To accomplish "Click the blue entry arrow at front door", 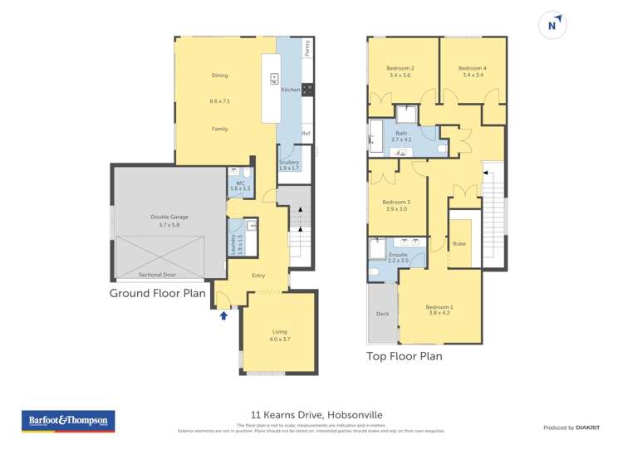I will [x=223, y=315].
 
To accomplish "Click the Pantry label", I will [x=307, y=47].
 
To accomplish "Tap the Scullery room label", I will [x=289, y=163].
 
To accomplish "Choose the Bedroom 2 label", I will [x=400, y=68].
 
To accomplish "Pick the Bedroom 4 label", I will [x=472, y=68].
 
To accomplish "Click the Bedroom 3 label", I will [x=395, y=202].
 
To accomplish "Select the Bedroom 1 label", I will [x=439, y=308].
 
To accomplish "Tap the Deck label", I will [x=382, y=314].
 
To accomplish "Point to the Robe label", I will [x=459, y=244].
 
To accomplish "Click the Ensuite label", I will [x=398, y=255].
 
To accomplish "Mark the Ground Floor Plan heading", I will [x=158, y=293].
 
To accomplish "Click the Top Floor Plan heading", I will [x=405, y=356].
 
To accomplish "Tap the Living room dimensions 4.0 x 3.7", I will [x=278, y=339].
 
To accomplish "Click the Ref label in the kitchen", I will [x=306, y=133].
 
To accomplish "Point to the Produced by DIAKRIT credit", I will [x=571, y=427].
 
